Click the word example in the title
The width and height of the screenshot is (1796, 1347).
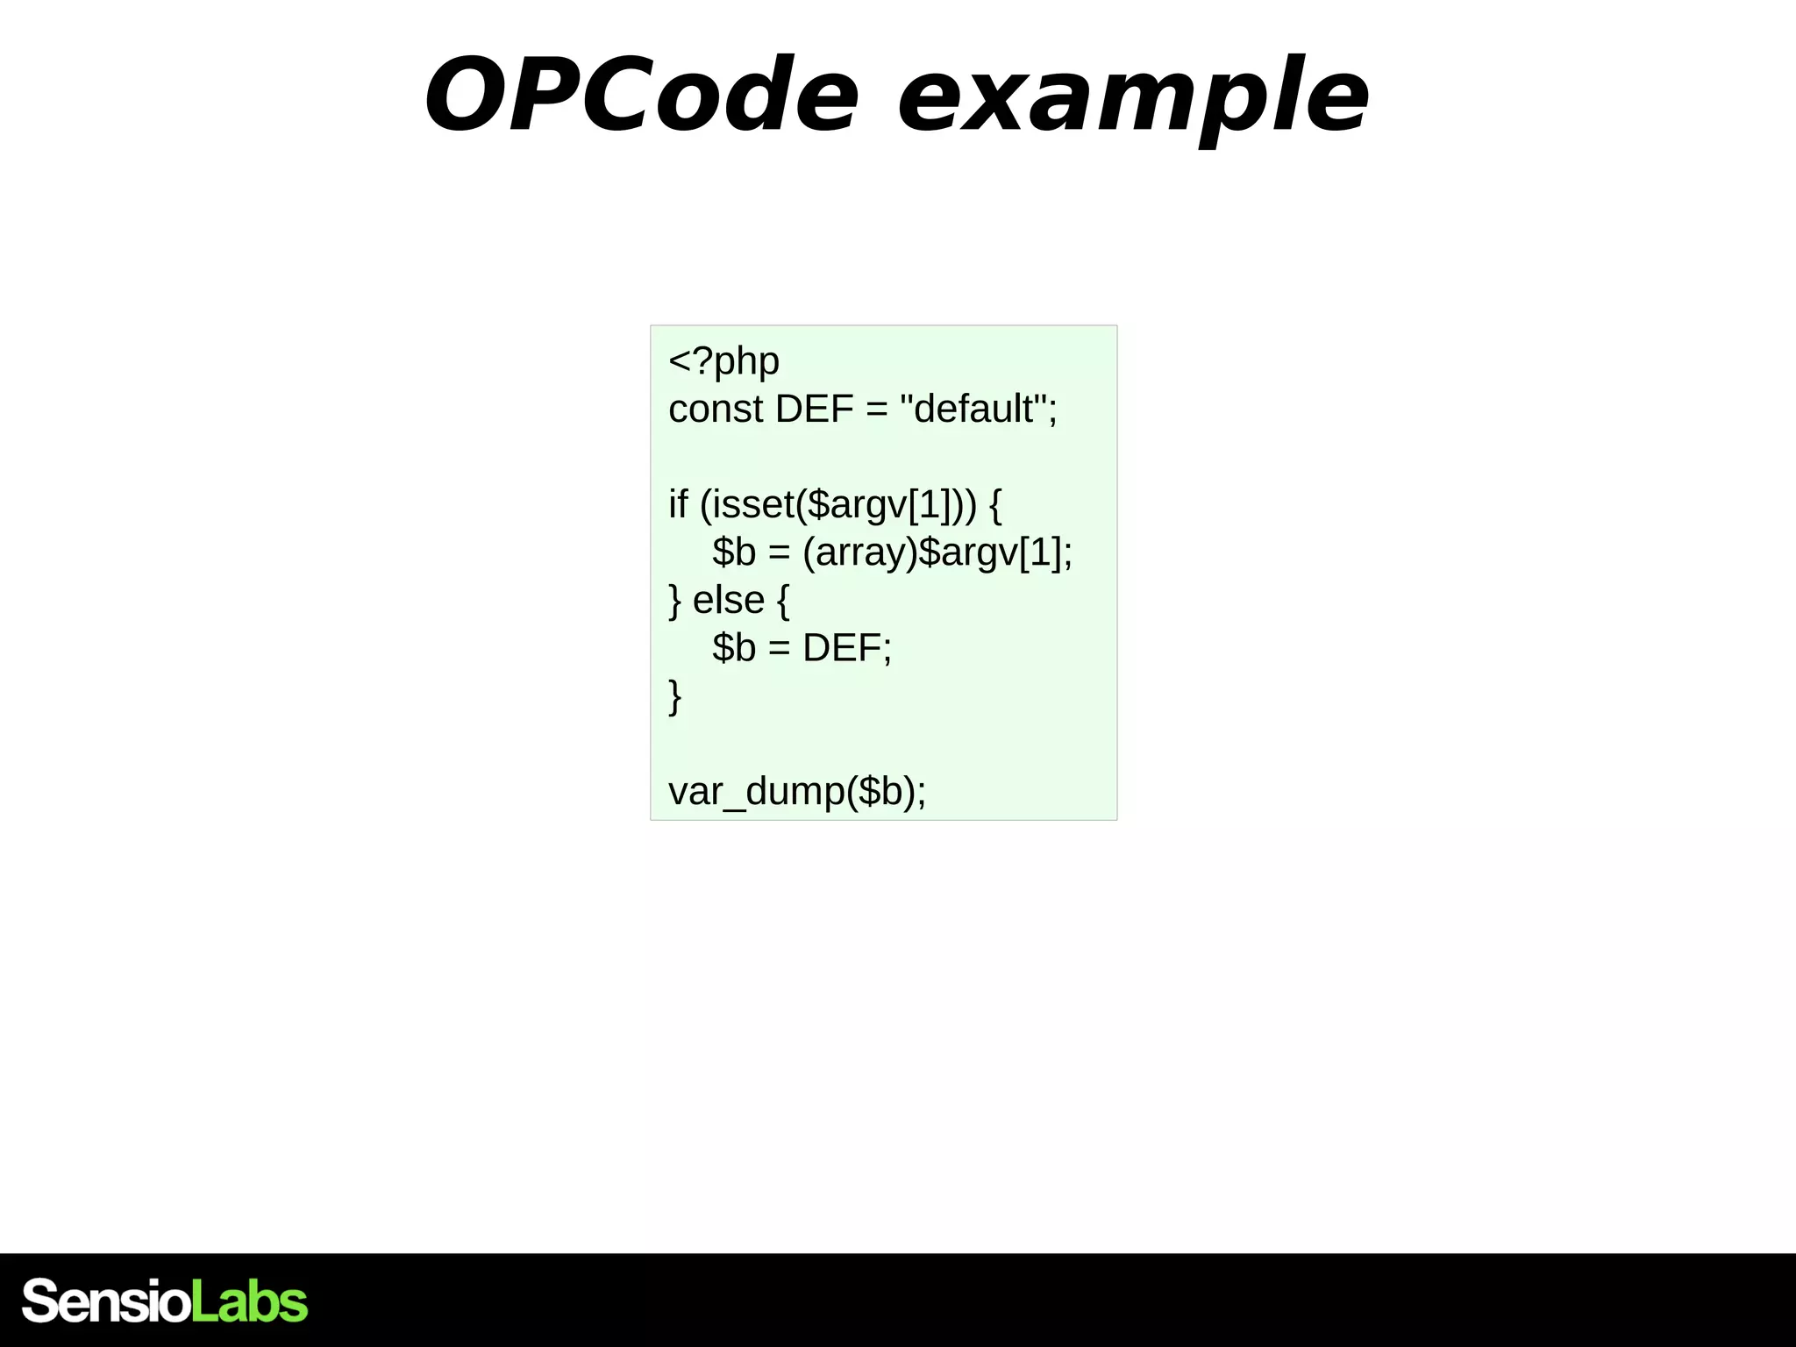click(x=1133, y=96)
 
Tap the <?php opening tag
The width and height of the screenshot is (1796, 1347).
click(x=723, y=361)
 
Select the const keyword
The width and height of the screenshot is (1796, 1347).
click(x=715, y=409)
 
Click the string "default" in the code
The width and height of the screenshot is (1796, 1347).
click(x=973, y=409)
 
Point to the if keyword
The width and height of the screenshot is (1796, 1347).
click(x=678, y=504)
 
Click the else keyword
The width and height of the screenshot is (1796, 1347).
click(x=728, y=601)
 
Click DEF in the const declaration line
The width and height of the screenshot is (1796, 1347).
click(x=814, y=409)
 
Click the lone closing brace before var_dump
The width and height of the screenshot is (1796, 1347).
click(x=674, y=696)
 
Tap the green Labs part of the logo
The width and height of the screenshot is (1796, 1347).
click(x=249, y=1301)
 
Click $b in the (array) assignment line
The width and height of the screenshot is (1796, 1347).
click(x=734, y=552)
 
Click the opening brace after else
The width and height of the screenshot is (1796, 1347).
click(x=782, y=601)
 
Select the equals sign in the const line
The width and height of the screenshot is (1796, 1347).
click(x=876, y=409)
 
